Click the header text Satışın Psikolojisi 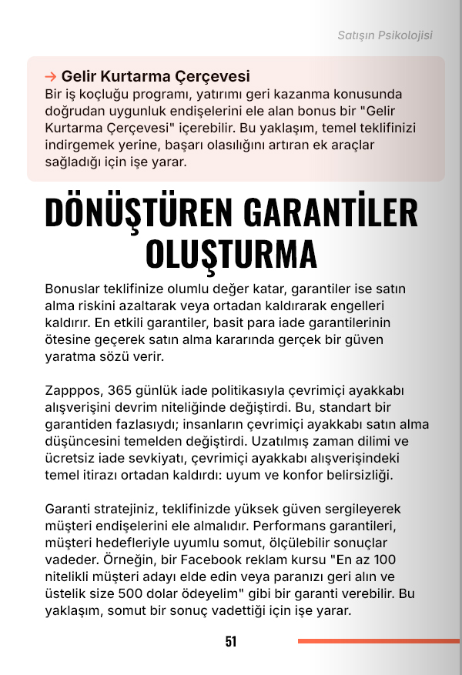[x=385, y=35]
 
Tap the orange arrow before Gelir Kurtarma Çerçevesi [x=51, y=76]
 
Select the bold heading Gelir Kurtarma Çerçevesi [x=156, y=76]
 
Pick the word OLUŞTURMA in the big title [x=231, y=253]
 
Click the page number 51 [x=231, y=641]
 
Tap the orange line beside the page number [x=378, y=640]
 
